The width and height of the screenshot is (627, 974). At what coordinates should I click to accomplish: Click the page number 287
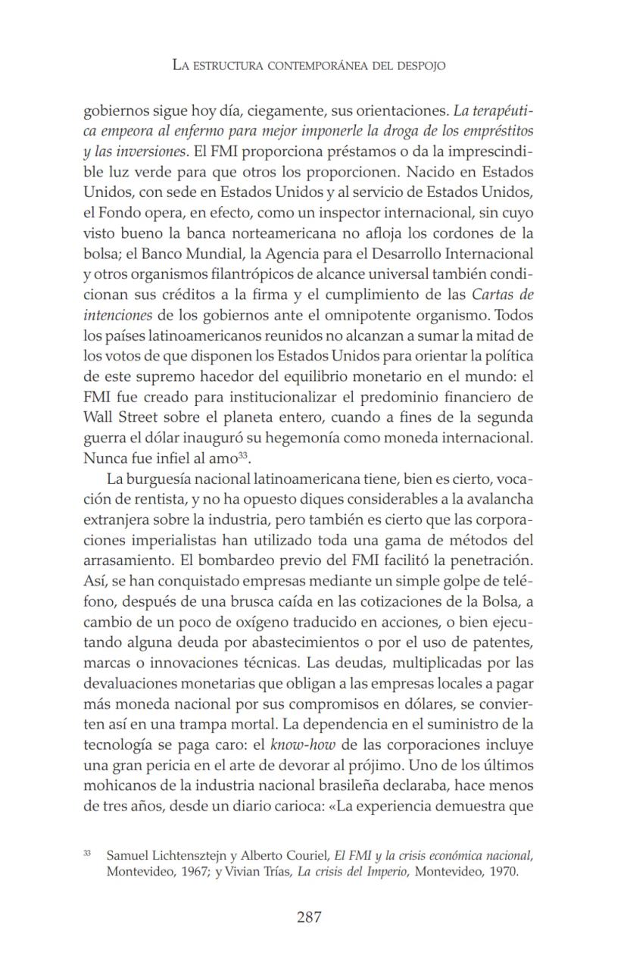click(x=309, y=917)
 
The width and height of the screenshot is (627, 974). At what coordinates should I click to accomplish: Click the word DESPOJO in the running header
click(x=419, y=66)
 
